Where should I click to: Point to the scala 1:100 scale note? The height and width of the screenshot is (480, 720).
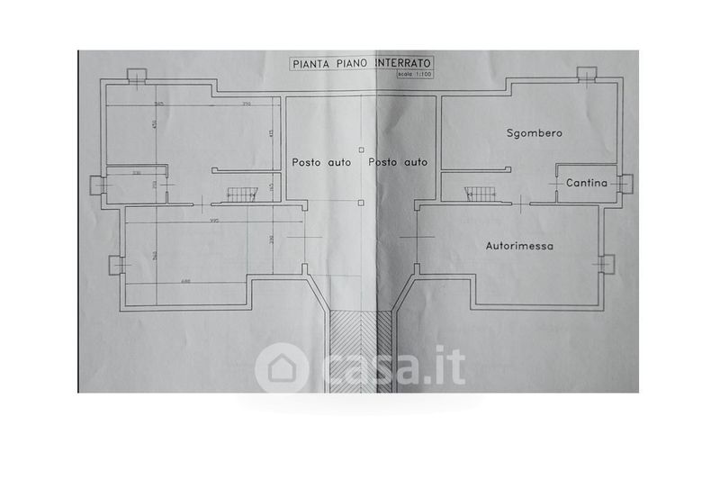(415, 73)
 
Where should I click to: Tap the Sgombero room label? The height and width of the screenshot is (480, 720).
(534, 132)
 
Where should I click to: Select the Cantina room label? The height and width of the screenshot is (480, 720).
(587, 183)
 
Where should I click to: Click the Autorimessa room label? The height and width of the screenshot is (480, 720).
(519, 244)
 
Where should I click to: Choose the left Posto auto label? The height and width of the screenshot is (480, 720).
(321, 162)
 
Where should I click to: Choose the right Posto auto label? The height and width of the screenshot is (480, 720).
(397, 162)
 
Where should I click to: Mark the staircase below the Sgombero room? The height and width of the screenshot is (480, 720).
(479, 192)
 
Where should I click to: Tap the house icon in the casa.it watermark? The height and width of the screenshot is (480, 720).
(281, 368)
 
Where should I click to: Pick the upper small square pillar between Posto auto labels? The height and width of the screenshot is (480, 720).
(360, 149)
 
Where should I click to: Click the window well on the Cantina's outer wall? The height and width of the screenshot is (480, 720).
(627, 183)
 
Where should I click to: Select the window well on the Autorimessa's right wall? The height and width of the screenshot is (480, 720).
(607, 263)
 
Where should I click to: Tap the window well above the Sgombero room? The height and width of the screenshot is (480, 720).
(587, 74)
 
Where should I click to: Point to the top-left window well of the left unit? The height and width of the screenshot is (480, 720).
(134, 75)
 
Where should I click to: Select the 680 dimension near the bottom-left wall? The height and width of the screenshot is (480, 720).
(184, 281)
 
